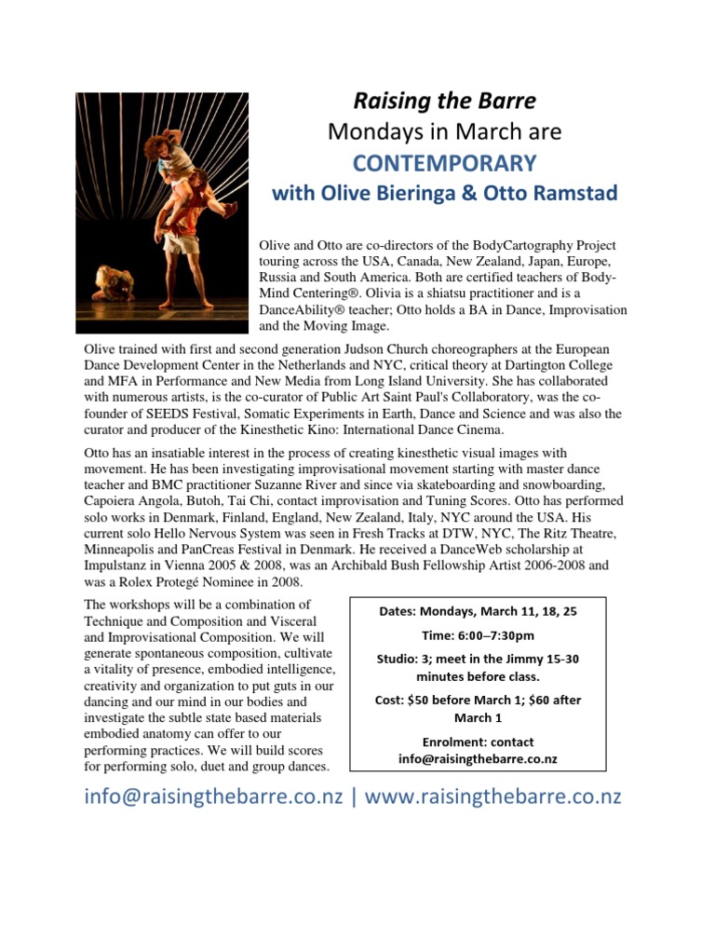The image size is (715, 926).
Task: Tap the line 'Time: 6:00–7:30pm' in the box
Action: tap(478, 635)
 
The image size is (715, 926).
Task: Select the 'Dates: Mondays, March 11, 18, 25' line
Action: tap(478, 611)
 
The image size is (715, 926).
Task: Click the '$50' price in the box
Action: tap(424, 700)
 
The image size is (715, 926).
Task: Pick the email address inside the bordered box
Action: tap(478, 758)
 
